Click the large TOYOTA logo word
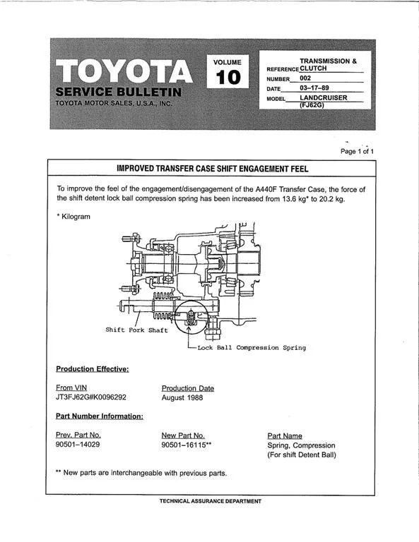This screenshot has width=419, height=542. coord(124,71)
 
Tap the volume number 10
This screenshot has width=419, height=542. coord(228,77)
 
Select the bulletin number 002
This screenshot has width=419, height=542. coord(305,78)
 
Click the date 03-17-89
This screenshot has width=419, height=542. coord(314,88)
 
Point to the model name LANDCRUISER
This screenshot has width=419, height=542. coord(323,97)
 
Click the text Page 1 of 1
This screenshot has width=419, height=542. coord(357,152)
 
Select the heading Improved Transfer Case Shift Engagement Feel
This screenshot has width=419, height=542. coord(212,169)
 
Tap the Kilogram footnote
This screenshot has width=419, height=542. coord(73,217)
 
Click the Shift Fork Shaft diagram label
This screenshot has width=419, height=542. coord(136,330)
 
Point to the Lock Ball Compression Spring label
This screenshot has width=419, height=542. coord(252,348)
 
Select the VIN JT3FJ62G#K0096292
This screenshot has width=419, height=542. coord(91,397)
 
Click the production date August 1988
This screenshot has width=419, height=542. coord(182,397)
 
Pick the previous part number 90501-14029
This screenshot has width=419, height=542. coord(78,444)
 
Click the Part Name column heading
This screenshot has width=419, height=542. coord(285,436)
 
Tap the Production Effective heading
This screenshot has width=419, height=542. coord(93,369)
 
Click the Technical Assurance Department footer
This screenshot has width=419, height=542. coord(211,501)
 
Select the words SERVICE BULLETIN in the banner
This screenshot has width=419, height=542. coord(118,92)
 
